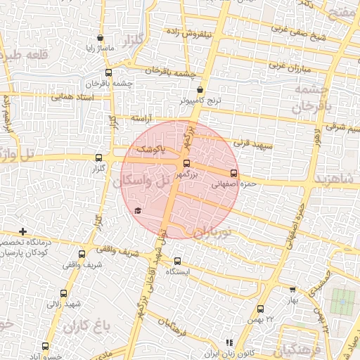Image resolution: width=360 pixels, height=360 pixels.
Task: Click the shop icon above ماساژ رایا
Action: [x=101, y=38]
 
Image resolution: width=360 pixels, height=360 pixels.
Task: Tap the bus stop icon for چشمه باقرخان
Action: [x=108, y=72]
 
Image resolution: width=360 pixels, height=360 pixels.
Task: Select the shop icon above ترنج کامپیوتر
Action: [x=201, y=90]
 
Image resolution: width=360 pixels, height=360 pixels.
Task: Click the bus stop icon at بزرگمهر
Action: [x=186, y=163]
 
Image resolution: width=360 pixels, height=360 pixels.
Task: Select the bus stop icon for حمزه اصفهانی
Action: [x=233, y=174]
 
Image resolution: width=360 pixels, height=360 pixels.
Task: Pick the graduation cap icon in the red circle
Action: [x=138, y=211]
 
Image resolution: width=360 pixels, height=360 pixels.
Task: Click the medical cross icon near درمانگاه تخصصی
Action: [x=23, y=231]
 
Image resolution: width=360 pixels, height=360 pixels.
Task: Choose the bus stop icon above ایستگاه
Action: [x=178, y=260]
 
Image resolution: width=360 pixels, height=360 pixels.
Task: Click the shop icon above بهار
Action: [x=292, y=289]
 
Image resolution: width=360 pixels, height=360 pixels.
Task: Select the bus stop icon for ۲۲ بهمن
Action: [x=261, y=309]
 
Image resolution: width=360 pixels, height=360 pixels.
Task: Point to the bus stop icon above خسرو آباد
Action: [x=46, y=346]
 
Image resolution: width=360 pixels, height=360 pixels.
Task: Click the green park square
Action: [x=343, y=302]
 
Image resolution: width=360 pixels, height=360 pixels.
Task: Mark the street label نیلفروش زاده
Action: [x=191, y=32]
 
